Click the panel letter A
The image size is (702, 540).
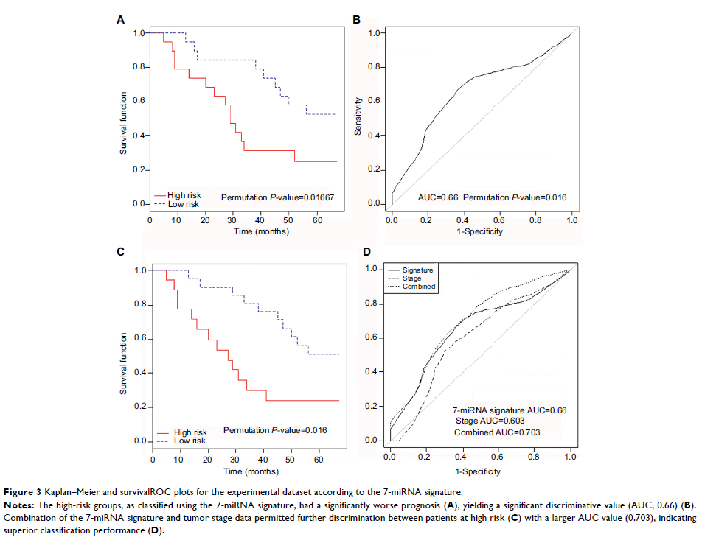[121, 20]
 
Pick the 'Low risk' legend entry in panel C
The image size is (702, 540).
[190, 441]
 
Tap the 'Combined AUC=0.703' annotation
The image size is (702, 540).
[497, 433]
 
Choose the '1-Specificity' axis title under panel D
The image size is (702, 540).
[480, 471]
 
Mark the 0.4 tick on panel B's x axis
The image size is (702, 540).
[464, 220]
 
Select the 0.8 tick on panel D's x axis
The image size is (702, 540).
[534, 458]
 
